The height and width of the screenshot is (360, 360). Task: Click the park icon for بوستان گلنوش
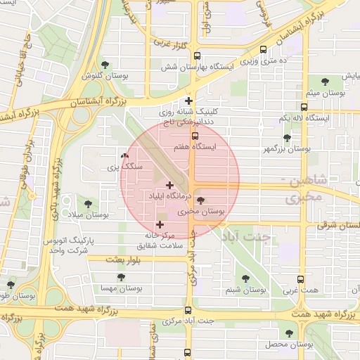pos(105,65)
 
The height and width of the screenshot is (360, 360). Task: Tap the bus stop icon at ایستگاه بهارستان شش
pos(196,56)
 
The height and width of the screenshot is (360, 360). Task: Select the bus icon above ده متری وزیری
pos(264,50)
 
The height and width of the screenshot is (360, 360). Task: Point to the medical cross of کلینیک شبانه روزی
pos(188,101)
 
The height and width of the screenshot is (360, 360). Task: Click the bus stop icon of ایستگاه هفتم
pos(195,136)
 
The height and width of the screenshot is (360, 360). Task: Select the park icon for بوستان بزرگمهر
pos(286,138)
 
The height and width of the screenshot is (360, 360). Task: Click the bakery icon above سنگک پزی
pos(124,156)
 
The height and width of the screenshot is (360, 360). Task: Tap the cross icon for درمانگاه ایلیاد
pos(169,184)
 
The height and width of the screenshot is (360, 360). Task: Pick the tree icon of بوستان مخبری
pos(202,200)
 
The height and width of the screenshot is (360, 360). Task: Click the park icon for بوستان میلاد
pos(88,203)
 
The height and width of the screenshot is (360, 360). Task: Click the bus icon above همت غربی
pos(302,279)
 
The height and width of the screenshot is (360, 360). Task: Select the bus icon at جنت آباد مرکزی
pos(188,309)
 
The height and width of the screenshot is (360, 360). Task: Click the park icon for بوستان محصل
pos(289,333)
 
